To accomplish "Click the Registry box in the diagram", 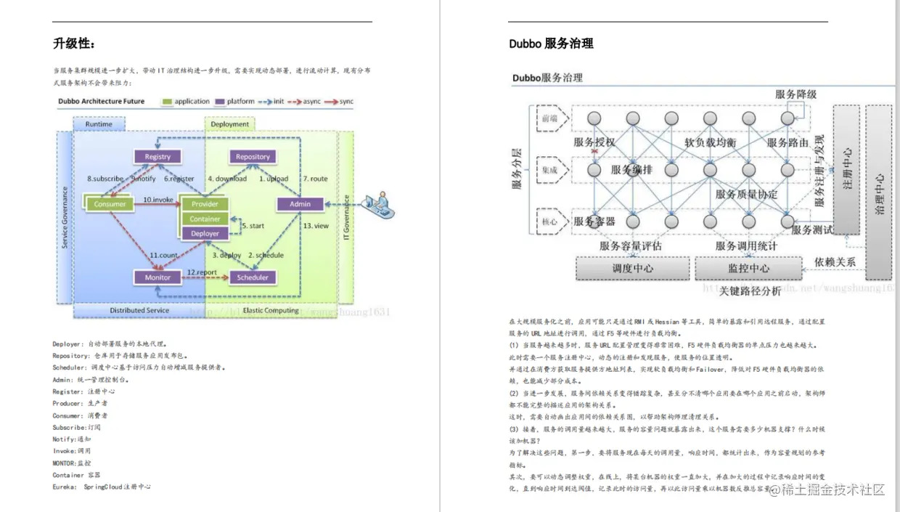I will pos(157,157).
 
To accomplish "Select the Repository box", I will pos(253,157).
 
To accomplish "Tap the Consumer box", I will pos(110,204).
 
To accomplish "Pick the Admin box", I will pos(300,204).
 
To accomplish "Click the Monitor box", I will pos(157,277).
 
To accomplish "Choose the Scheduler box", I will pos(253,277).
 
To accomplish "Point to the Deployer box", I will pos(205,233).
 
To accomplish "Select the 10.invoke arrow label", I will pos(157,198).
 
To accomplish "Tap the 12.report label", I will pos(202,272).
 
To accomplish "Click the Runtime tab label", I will pos(99,124).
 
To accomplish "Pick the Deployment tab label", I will pos(229,124).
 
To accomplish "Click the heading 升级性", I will pos(74,44).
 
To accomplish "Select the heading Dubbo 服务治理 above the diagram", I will pos(551,44).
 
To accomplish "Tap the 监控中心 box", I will pos(748,268).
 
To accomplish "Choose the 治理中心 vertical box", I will pos(879,192).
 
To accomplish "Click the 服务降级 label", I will pos(795,94).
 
